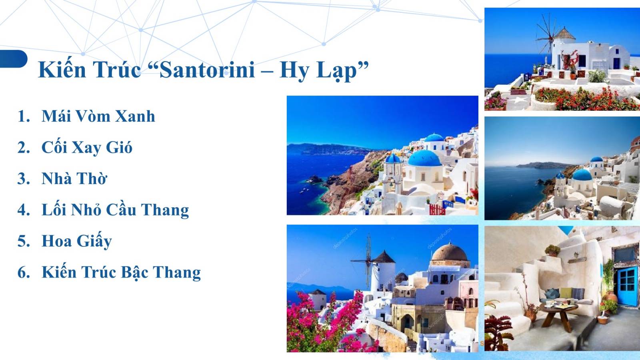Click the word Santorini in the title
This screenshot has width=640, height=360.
(x=207, y=70)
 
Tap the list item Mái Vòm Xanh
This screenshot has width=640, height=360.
(x=98, y=116)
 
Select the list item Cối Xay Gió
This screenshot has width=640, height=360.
(x=86, y=148)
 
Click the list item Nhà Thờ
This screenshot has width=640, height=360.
(x=74, y=179)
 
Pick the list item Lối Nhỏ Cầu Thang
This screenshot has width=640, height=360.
(x=115, y=210)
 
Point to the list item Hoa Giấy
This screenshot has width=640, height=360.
(x=76, y=241)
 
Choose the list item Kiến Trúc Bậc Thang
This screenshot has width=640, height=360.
(x=121, y=272)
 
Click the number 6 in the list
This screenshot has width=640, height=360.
(x=23, y=272)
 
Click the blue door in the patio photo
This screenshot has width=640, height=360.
(x=626, y=286)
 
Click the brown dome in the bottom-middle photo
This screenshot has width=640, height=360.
(x=450, y=253)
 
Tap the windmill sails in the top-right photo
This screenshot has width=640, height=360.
(x=546, y=38)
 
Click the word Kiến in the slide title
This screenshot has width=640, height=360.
(x=62, y=70)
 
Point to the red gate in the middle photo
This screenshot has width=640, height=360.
(x=437, y=209)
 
